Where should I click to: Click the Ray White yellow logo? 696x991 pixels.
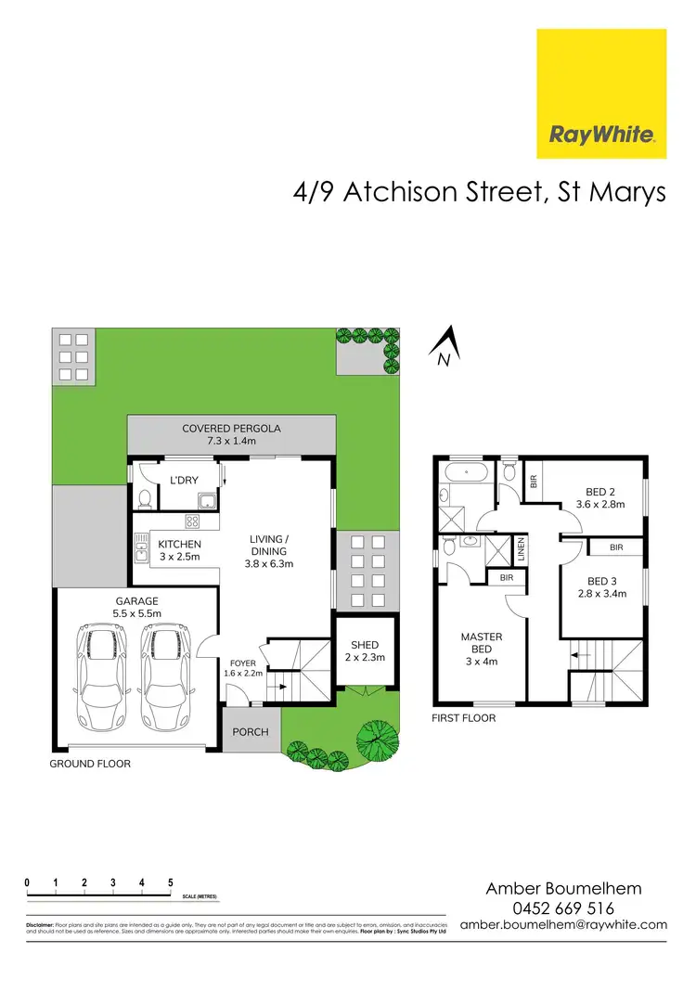coord(601,94)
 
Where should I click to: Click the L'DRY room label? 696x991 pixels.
coord(181,480)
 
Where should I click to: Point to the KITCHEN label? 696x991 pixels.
coord(179,544)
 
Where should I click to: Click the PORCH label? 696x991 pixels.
coord(250,731)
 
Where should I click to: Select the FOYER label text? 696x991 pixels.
coord(241,663)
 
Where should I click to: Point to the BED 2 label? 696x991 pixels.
coord(600,492)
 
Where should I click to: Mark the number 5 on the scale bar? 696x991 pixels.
coord(171,882)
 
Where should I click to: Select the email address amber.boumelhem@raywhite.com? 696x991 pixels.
coord(564,925)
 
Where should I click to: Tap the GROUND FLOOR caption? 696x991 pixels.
coord(90,764)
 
